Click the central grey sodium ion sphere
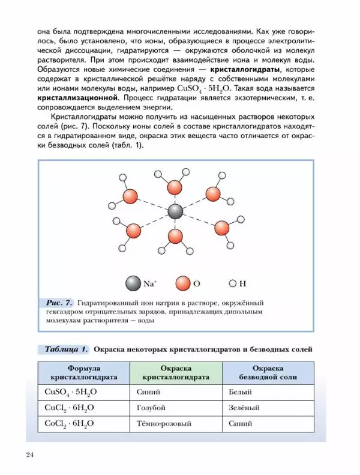(175, 211)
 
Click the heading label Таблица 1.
(66, 349)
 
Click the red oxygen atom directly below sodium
(175, 236)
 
